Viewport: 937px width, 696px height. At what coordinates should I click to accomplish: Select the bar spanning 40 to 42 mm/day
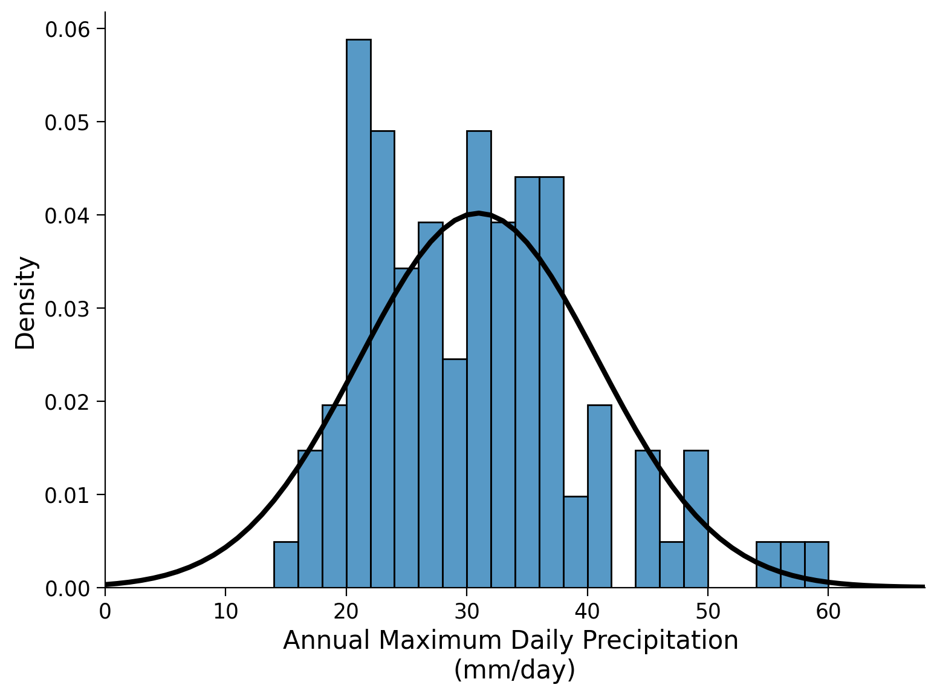(599, 496)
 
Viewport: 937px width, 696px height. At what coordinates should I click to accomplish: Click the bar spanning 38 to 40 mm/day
(575, 542)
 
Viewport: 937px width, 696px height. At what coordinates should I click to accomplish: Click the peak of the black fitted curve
(479, 213)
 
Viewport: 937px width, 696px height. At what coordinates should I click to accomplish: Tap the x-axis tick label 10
(225, 612)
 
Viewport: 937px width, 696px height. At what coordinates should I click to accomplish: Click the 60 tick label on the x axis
(828, 612)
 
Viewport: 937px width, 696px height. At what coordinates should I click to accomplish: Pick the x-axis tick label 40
(587, 612)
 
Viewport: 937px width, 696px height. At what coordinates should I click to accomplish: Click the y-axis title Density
(26, 303)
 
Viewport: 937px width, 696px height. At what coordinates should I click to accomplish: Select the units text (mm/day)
(514, 670)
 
